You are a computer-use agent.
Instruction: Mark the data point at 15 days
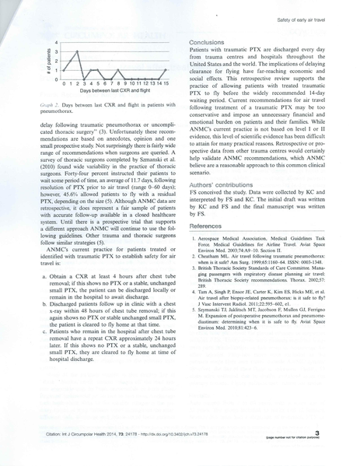pos(166,71)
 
